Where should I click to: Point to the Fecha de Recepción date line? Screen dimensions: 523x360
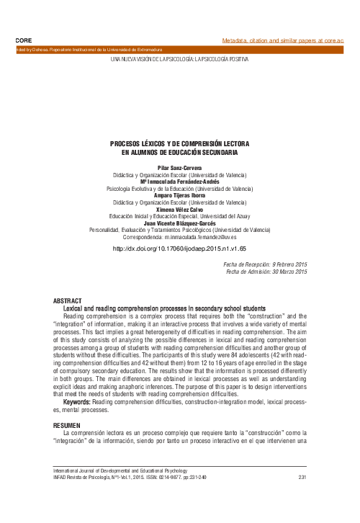click(x=266, y=264)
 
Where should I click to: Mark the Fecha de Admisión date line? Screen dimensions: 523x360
click(x=266, y=272)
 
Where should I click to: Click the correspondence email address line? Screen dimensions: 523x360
click(x=180, y=236)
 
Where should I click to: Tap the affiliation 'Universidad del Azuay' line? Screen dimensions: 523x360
click(x=180, y=216)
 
